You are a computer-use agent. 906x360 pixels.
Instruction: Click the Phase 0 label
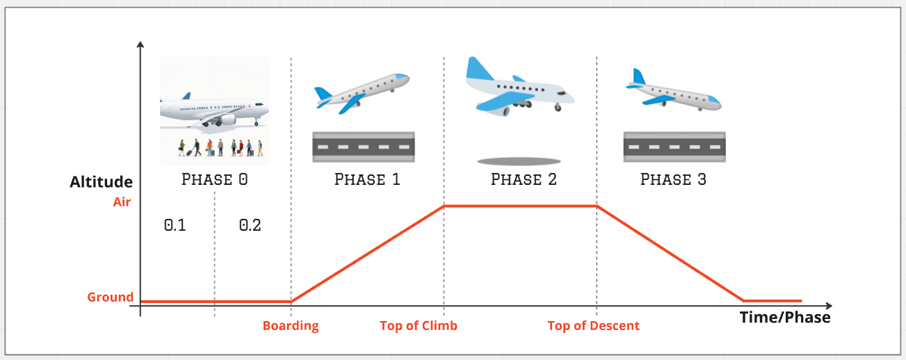point(214,179)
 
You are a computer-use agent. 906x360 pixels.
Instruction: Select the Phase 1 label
point(367,179)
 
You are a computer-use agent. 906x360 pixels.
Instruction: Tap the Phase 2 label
point(524,179)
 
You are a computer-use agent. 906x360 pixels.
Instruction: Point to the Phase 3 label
point(674,179)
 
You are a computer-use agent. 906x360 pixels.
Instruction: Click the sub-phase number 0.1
point(175,225)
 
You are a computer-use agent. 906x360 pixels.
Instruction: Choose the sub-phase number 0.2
point(250,225)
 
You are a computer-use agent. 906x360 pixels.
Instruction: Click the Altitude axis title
point(101,181)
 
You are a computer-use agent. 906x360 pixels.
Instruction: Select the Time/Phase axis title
point(785,317)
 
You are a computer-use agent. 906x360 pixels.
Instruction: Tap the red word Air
point(122,202)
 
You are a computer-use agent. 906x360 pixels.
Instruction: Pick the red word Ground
point(111,297)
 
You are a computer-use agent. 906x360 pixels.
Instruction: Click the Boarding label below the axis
point(291,326)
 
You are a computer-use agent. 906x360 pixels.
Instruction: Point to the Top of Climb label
point(419,326)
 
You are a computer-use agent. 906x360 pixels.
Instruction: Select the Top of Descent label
point(593,326)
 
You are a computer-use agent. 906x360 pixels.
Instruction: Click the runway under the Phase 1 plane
point(364,147)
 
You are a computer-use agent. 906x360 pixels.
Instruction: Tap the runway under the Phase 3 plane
point(674,147)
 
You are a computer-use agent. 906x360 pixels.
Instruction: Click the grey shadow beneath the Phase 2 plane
point(519,162)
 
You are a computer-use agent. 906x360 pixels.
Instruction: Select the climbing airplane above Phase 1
point(362,93)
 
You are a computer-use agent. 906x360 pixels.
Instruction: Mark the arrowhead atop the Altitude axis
point(140,44)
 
